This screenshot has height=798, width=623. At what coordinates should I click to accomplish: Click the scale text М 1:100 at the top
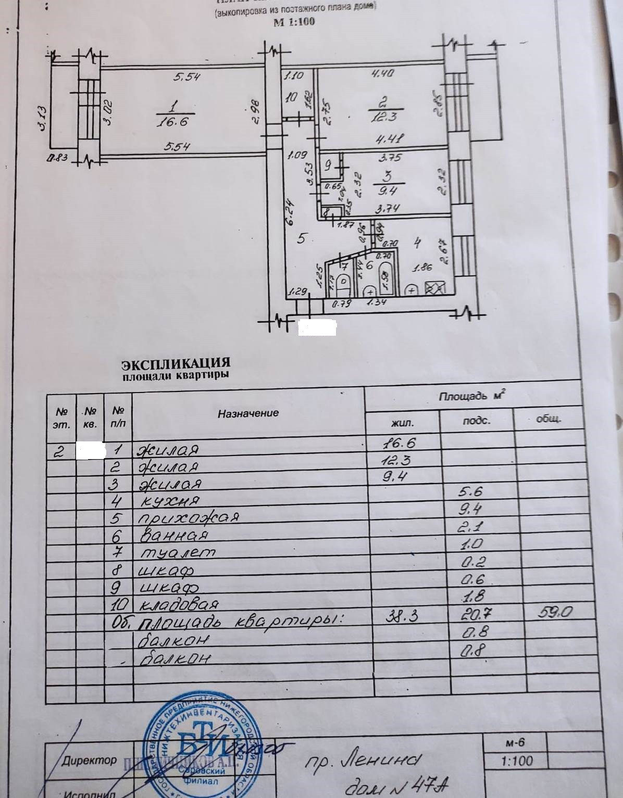(294, 22)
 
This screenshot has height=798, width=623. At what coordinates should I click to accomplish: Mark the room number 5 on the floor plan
(301, 239)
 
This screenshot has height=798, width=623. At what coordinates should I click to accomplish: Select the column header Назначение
(248, 413)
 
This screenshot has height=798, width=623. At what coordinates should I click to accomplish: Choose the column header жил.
(402, 422)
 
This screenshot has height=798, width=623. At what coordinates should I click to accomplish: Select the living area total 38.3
(403, 616)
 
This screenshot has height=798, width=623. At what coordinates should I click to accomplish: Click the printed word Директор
(89, 760)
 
